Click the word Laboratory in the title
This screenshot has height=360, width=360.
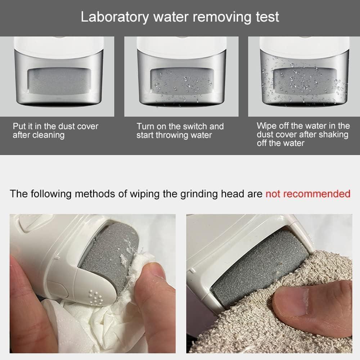tap(114, 17)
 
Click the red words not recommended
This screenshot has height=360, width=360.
tap(308, 194)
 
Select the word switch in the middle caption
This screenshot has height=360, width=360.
tap(195, 126)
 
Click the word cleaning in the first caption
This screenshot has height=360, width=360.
tap(49, 135)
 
